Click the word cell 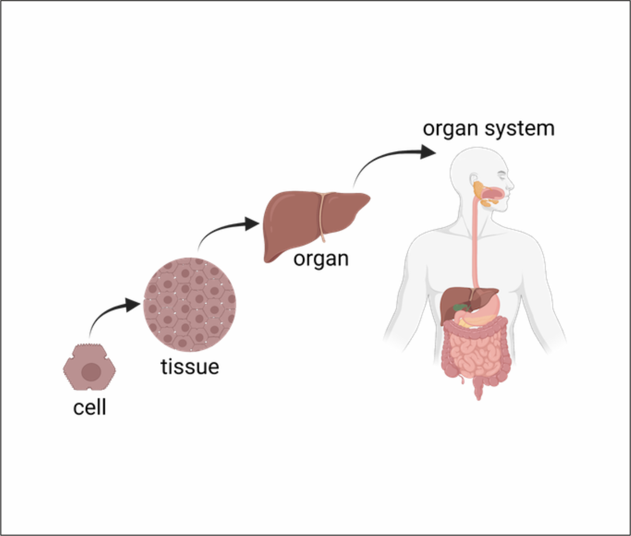[x=89, y=407]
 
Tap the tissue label [x=190, y=367]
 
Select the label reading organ [x=321, y=259]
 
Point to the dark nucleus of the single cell [x=91, y=372]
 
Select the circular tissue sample [x=190, y=304]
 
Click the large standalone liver [x=291, y=221]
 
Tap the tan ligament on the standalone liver [x=322, y=217]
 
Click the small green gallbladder [x=460, y=308]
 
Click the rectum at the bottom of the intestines [x=478, y=389]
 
